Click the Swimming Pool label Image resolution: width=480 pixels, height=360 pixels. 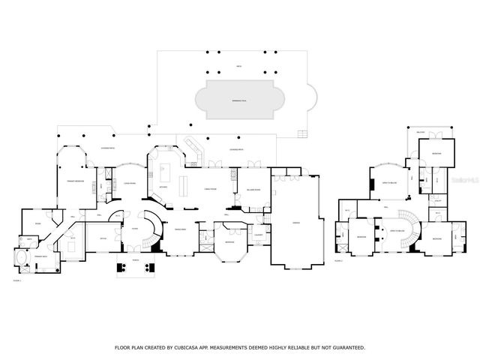point(238,99)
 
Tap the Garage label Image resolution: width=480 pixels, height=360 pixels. point(296,223)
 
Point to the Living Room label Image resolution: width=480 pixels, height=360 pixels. point(128,182)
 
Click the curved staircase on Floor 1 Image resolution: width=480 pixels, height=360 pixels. point(152,229)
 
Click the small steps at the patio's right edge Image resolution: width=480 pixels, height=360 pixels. point(303,134)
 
